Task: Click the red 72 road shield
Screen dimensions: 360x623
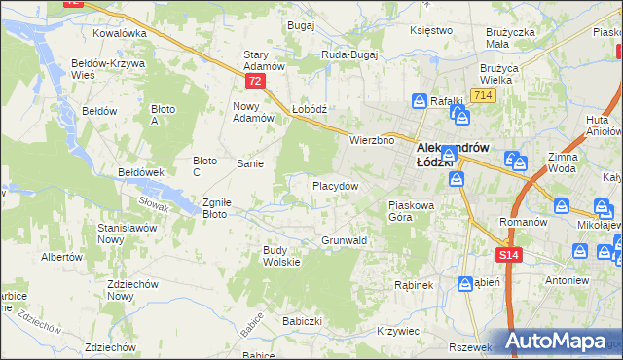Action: [x=254, y=82]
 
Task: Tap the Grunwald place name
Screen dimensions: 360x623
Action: [x=344, y=239]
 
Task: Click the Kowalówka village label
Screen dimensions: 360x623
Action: [x=119, y=32]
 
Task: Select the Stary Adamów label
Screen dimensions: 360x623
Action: [x=263, y=60]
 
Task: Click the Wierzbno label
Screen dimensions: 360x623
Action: [x=371, y=140]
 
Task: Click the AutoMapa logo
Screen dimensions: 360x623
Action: [x=561, y=342]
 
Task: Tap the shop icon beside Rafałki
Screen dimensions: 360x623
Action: [x=419, y=100]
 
